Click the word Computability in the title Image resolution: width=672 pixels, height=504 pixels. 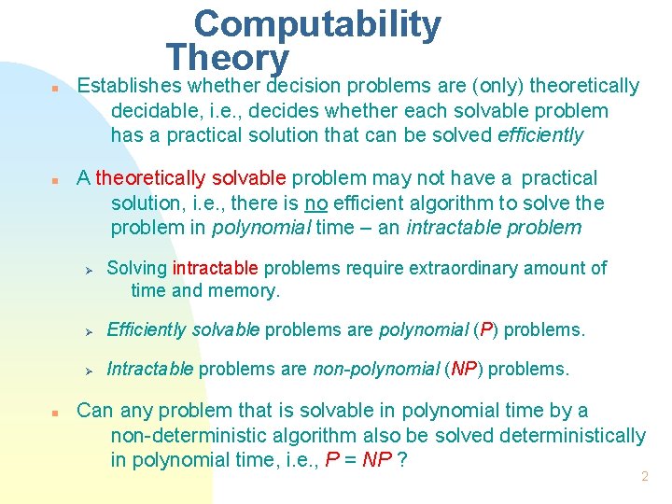point(317,25)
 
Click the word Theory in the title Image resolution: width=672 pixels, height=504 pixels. point(228,58)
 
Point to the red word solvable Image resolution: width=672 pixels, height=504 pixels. point(250,178)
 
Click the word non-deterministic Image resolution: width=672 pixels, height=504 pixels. point(206,435)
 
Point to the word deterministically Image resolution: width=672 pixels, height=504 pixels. point(572,435)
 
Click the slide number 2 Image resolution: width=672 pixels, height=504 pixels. point(644,477)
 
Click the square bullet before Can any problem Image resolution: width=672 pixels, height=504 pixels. point(56,413)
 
